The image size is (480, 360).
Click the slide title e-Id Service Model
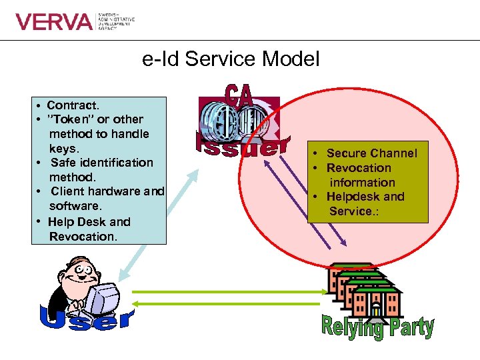click(x=231, y=59)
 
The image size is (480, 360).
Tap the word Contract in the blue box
click(x=73, y=105)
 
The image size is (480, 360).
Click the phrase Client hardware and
click(x=107, y=192)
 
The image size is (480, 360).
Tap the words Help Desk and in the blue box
click(x=89, y=222)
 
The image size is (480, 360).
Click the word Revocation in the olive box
click(x=359, y=168)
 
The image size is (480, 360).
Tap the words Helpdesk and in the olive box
click(x=365, y=197)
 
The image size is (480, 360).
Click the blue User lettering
click(x=87, y=319)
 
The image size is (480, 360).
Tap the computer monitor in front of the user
click(x=103, y=297)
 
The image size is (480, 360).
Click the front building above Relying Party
click(x=377, y=300)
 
